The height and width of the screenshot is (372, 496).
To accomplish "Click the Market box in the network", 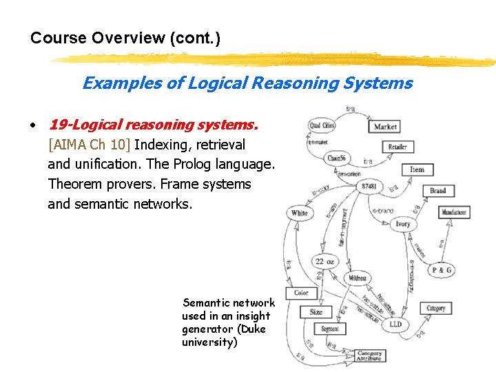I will point(386,127).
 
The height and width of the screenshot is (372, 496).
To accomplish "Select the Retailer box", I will point(397,147).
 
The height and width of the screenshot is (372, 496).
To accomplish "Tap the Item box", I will point(417,169).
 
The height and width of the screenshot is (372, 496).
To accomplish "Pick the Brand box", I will point(438,191).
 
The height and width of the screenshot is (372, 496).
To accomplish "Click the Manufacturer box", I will point(454,213).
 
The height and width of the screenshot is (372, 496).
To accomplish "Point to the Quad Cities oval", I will point(322,126).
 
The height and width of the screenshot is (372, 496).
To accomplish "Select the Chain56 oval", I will point(336,158).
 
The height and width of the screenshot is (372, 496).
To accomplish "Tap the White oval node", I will point(300,213).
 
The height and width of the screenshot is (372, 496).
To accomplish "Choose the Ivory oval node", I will point(403,224).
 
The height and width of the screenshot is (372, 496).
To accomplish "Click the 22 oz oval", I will point(324,261).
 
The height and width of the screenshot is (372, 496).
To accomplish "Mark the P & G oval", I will point(442,271).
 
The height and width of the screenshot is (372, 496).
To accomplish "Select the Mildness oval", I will point(357,279).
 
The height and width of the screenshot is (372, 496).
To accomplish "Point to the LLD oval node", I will point(395,324).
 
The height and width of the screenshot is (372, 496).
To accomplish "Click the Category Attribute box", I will point(370,356).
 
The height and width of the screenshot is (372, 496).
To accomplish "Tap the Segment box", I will point(330,329).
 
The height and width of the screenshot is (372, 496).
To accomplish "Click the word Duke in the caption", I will point(252,329).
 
